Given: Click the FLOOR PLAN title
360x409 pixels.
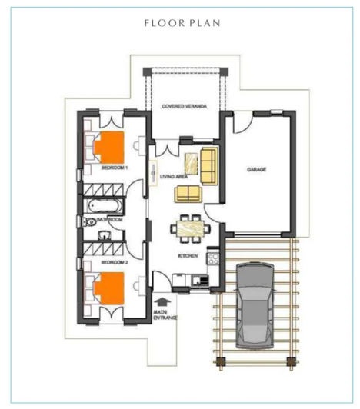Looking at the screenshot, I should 182,22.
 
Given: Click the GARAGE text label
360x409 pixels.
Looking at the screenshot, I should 256,169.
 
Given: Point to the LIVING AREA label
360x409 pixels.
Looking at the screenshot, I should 173,177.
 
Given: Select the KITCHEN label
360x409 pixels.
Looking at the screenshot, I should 188,255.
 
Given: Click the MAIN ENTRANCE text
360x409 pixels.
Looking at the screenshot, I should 165,314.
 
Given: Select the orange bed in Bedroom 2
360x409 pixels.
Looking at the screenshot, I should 108,286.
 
